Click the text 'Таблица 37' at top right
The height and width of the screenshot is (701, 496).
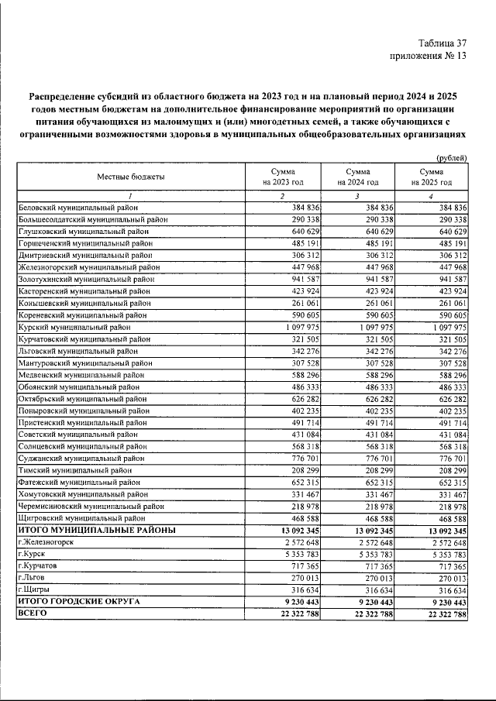(x=439, y=43)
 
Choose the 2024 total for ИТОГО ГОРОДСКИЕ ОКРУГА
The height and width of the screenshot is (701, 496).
(x=373, y=602)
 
